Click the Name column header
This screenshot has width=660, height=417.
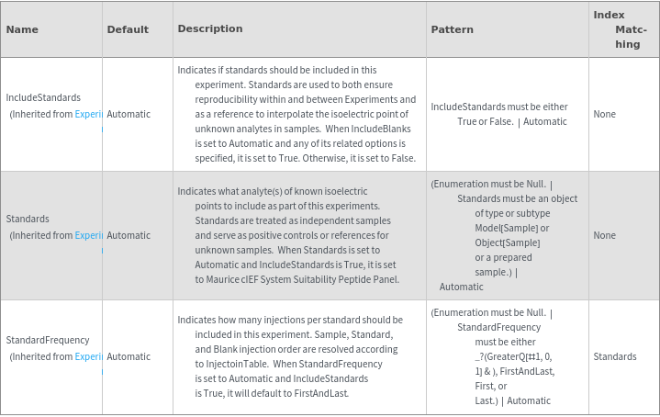(22, 29)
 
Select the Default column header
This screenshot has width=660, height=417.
(128, 29)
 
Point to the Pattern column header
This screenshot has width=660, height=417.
(452, 29)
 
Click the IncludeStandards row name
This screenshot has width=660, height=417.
(43, 97)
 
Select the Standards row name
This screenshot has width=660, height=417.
(28, 219)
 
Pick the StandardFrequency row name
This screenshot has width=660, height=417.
(47, 340)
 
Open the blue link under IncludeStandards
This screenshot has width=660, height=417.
(88, 114)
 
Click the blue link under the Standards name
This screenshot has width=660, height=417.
(88, 235)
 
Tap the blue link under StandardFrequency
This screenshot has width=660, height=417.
(88, 356)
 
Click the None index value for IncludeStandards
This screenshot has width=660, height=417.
(604, 114)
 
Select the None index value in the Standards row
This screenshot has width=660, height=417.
(604, 235)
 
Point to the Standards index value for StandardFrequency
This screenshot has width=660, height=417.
(615, 356)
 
